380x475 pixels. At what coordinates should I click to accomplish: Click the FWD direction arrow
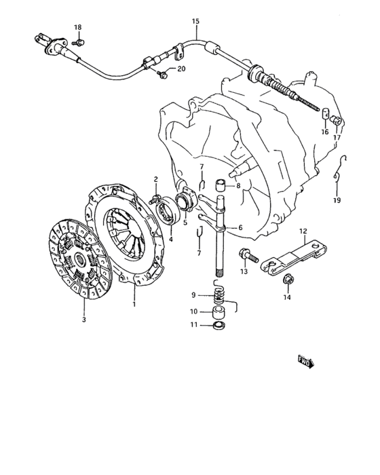306,362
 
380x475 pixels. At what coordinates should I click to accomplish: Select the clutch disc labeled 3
80,259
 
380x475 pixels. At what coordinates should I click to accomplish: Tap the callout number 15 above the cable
195,21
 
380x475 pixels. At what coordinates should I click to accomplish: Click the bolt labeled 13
248,256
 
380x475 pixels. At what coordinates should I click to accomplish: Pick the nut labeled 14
288,280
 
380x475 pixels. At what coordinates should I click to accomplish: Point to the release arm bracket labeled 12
294,257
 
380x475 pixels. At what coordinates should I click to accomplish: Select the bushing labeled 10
220,312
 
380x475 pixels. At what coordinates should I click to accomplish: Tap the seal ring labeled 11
219,326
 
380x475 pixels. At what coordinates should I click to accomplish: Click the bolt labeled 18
79,42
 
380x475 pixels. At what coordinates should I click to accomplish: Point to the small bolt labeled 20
162,74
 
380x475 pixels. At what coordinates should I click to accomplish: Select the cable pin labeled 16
325,114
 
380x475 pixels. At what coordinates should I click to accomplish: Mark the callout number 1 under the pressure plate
134,304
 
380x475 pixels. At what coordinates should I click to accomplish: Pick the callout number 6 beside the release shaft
240,227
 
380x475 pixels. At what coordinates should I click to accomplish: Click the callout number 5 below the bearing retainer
185,223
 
